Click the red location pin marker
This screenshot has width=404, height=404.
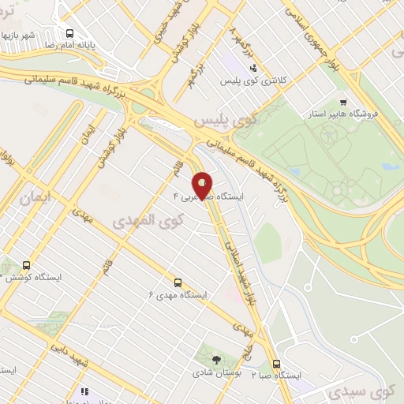tap(203, 185)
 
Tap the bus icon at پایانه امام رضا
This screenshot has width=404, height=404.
tap(70, 33)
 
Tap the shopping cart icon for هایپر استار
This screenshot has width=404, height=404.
tap(342, 102)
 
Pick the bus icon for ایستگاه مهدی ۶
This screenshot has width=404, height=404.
tap(177, 281)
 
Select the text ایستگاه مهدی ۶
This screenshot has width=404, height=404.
tap(177, 294)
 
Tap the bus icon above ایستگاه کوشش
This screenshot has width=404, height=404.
tap(27, 265)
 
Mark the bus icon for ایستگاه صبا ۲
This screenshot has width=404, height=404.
tap(276, 364)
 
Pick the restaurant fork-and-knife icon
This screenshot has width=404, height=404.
tap(84, 391)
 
